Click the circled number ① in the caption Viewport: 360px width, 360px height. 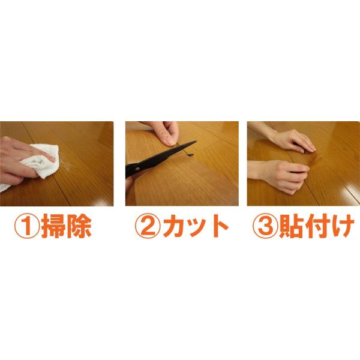click(27, 226)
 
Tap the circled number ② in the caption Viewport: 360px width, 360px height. click(148, 226)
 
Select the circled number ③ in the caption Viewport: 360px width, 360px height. click(265, 226)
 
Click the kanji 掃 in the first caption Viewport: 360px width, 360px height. click(53, 226)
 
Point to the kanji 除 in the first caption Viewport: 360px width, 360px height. click(79, 226)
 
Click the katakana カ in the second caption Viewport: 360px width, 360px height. click(175, 226)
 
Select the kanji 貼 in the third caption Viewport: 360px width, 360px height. click(291, 226)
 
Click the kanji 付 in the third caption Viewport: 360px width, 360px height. click(317, 226)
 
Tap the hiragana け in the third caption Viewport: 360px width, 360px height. click(342, 226)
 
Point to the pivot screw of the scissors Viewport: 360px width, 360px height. click(137, 169)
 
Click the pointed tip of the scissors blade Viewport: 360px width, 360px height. click(196, 142)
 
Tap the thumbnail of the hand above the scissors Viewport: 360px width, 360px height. click(170, 142)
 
